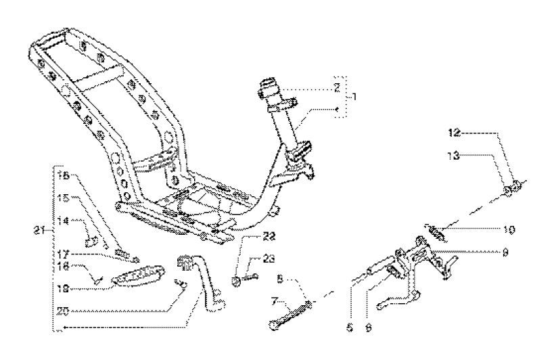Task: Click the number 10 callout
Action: tap(509, 229)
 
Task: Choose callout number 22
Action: tap(252, 236)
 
